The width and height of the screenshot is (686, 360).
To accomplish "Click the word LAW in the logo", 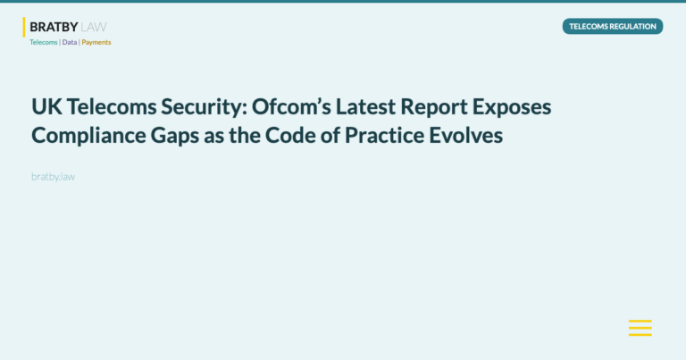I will point(94,27).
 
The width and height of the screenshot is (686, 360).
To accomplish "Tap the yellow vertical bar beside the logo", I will point(24,27).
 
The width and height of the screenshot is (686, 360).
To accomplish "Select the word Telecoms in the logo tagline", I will point(43,42).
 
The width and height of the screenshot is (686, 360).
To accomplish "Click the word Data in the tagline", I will point(70,42).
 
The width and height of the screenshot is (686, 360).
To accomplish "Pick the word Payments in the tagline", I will point(96,42).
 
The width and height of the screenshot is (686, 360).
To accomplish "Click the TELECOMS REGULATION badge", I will point(613,27).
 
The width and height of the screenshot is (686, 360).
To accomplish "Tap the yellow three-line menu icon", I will point(640,328).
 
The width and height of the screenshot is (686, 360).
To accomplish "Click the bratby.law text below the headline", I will point(53,177).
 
